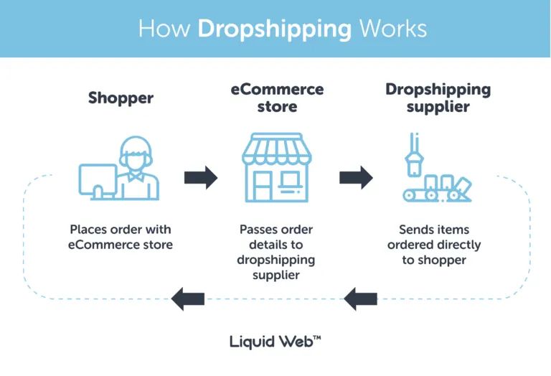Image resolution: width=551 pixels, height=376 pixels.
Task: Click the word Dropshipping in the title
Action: click(x=275, y=29)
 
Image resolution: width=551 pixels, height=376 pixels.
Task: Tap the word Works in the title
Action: click(x=393, y=29)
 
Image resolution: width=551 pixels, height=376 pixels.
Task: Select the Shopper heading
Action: click(x=121, y=98)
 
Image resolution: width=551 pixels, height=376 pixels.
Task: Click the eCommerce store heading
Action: click(x=277, y=98)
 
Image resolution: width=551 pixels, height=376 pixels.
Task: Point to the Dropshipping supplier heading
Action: click(x=438, y=98)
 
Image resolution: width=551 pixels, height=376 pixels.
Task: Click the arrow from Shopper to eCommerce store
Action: click(x=201, y=177)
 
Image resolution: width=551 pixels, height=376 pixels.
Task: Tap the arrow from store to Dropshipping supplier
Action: click(x=356, y=177)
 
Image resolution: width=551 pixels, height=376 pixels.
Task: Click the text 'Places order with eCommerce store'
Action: click(x=121, y=238)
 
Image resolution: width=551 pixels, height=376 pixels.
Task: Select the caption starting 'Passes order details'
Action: click(x=276, y=252)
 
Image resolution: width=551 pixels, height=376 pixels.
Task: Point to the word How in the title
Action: click(x=165, y=29)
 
